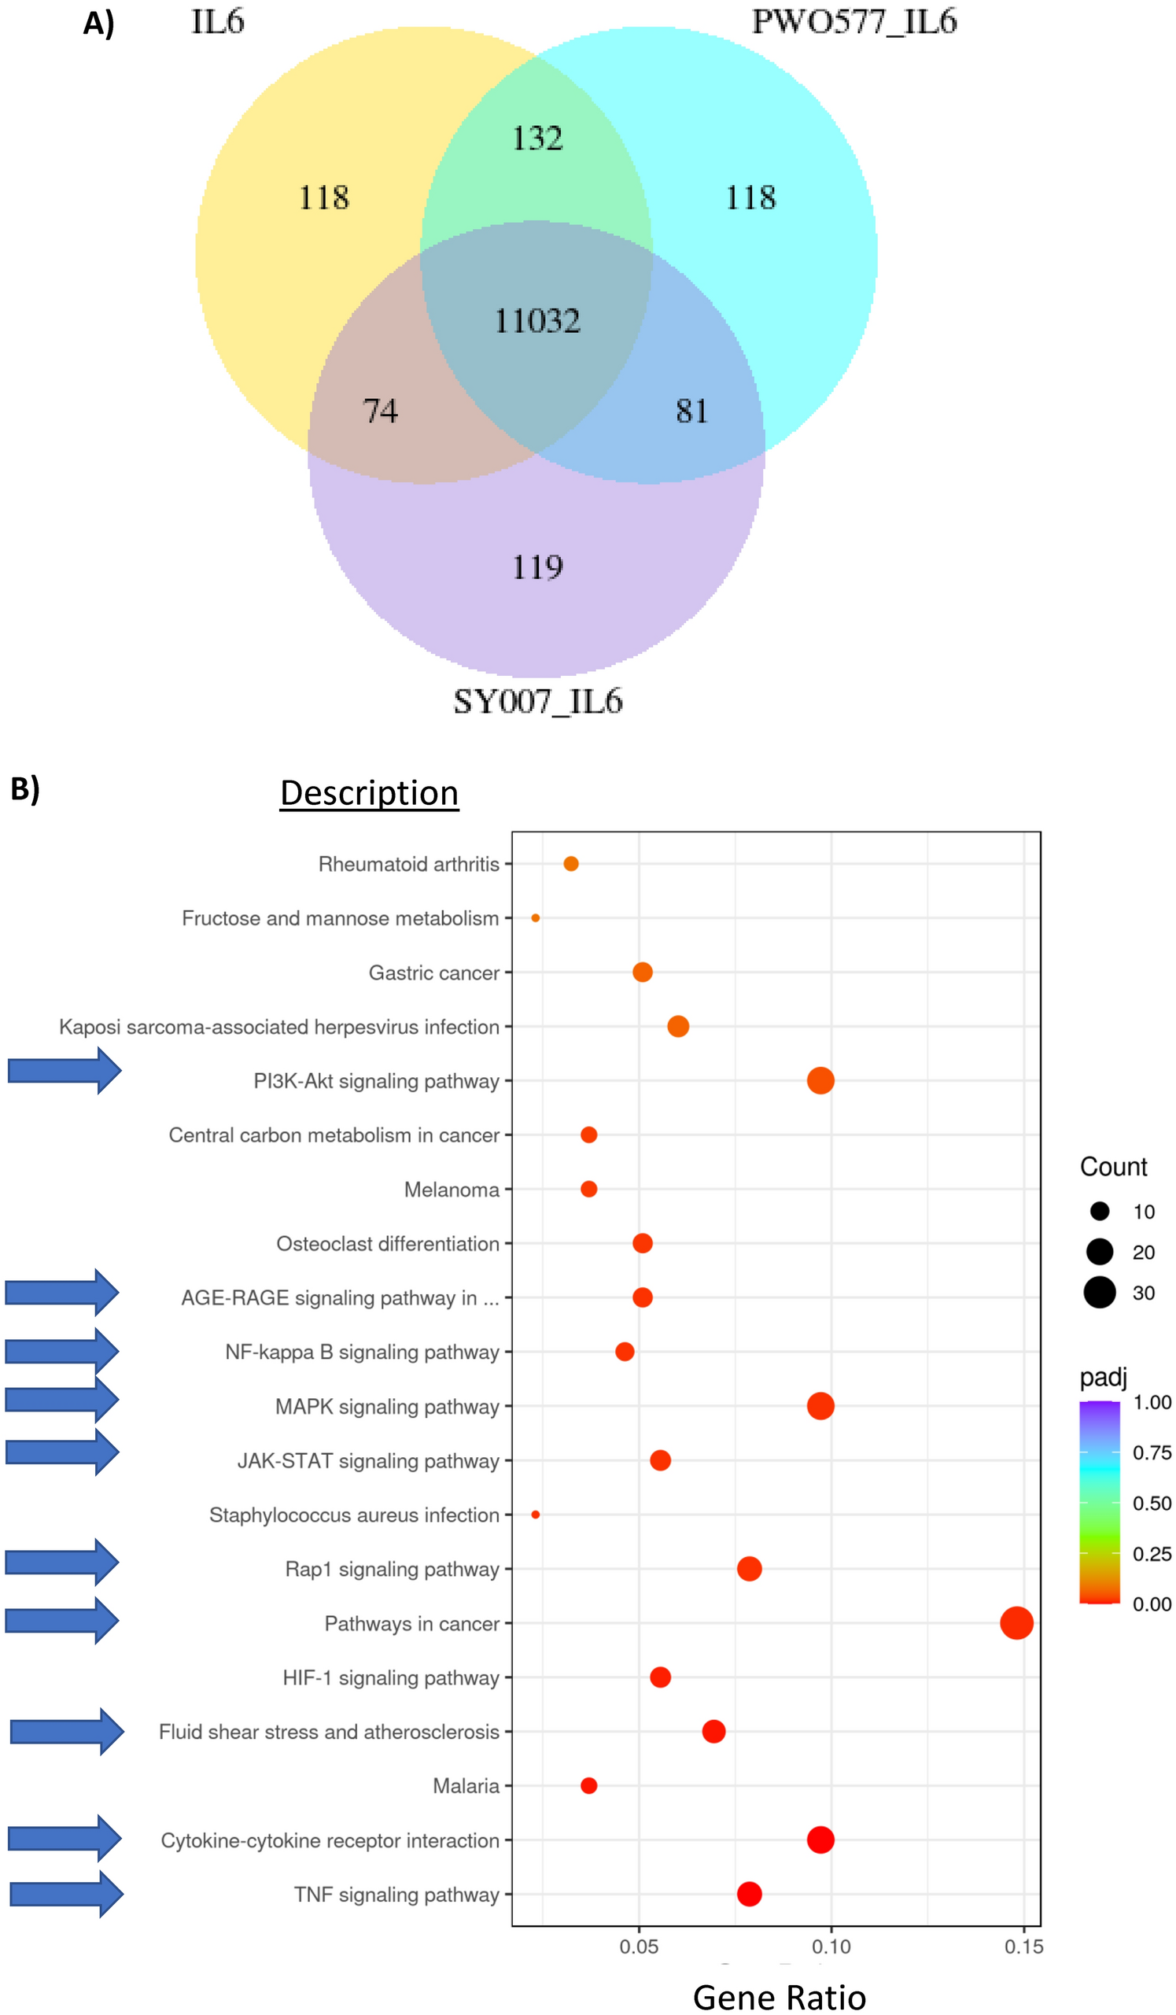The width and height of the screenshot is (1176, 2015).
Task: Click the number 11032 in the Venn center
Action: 537,322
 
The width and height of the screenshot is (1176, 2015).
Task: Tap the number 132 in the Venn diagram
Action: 537,138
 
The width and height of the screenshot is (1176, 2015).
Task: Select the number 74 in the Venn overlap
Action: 380,411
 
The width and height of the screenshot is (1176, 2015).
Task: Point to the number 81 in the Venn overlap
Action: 691,411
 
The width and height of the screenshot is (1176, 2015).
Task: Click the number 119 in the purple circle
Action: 537,568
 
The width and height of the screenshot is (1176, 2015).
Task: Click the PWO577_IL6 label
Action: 853,22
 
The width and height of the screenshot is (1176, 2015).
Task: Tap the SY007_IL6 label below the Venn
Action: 537,702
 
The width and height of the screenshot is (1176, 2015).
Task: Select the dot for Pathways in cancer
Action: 1016,1623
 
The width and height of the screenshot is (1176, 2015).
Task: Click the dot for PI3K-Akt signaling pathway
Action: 820,1081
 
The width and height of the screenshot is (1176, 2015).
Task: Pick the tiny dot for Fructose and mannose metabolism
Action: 536,918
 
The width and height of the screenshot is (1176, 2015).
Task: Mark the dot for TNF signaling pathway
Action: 749,1895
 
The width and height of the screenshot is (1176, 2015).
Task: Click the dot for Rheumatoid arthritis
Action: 571,864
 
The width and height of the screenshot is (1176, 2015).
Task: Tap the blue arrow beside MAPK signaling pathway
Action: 62,1399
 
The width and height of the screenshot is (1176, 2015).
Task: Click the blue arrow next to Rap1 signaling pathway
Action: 62,1563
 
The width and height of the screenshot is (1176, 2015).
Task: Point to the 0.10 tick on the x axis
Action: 831,1947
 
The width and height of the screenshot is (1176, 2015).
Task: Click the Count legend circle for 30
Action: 1099,1293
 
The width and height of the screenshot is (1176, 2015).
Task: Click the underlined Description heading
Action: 370,793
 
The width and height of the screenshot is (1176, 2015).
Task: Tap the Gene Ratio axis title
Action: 780,1997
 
